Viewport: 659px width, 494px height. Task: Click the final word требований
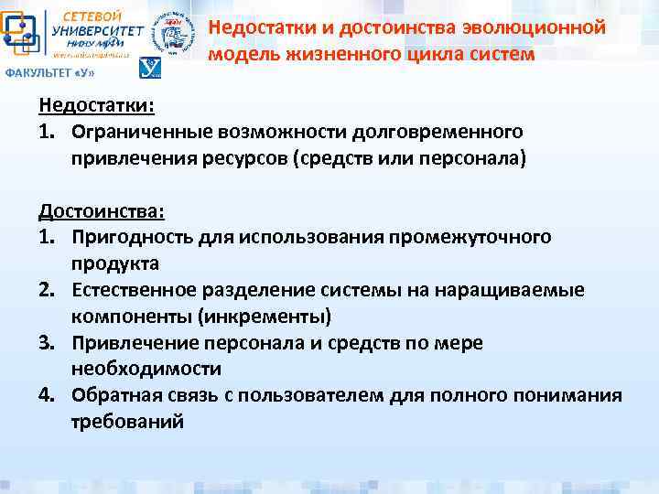pos(127,423)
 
